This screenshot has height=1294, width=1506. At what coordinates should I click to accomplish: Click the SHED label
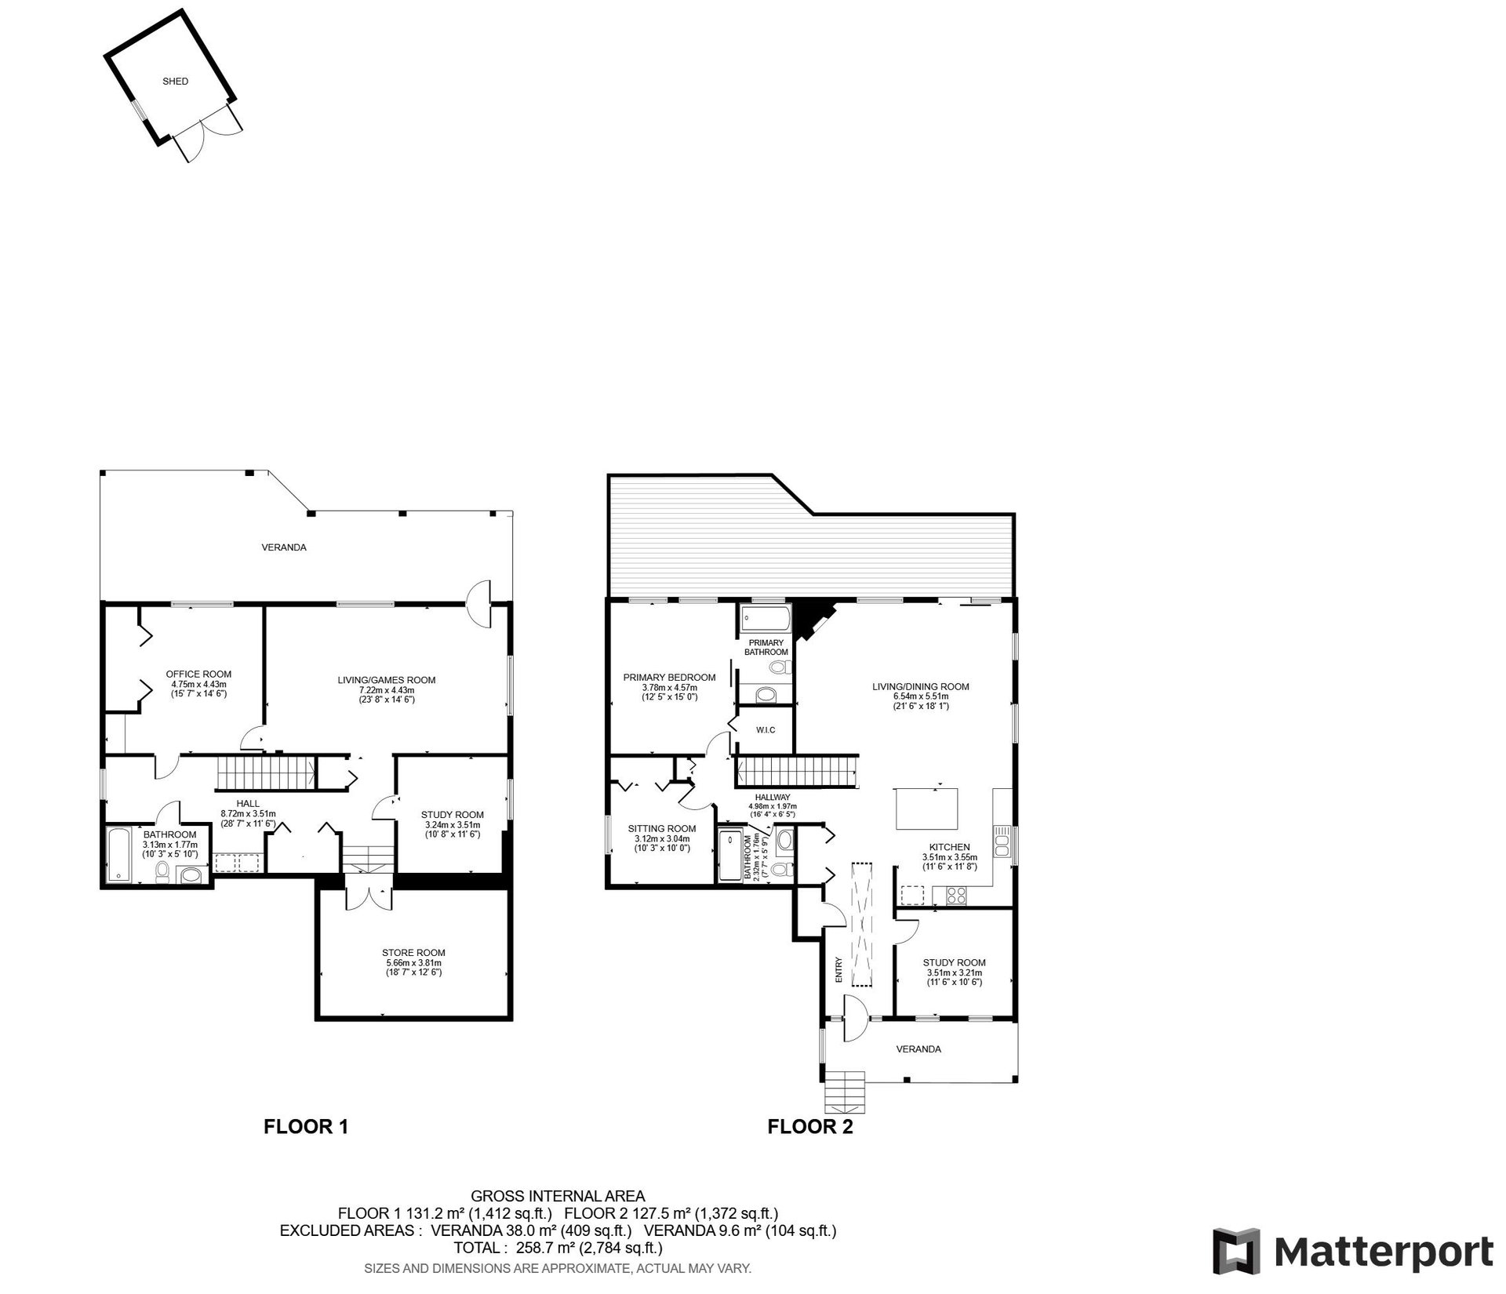[175, 81]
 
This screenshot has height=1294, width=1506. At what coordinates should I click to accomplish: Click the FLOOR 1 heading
[306, 1127]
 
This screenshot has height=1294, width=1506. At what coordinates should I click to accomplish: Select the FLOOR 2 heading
[810, 1127]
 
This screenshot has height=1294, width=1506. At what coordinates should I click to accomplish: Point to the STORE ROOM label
[415, 953]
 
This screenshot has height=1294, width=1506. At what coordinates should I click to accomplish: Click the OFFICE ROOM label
[198, 674]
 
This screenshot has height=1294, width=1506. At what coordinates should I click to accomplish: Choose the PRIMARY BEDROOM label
[669, 678]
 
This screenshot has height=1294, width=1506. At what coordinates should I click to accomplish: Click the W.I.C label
[766, 730]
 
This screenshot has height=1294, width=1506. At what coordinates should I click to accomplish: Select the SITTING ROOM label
[662, 828]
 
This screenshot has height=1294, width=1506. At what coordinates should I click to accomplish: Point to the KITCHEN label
[950, 847]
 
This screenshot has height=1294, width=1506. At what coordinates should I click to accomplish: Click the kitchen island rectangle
[928, 809]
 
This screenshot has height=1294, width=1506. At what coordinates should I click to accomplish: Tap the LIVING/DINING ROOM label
[921, 687]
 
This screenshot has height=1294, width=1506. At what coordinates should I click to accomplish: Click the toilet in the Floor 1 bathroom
[163, 871]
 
